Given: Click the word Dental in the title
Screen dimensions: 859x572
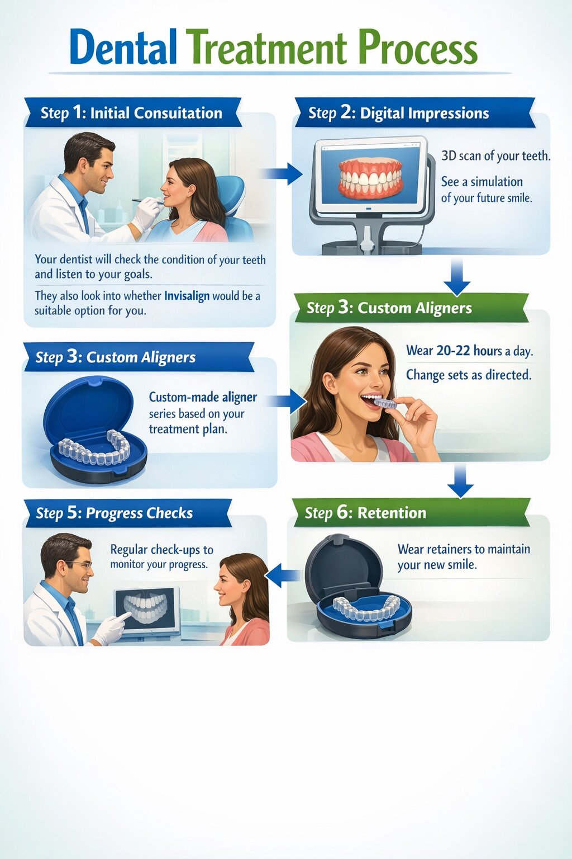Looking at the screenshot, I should [123, 48].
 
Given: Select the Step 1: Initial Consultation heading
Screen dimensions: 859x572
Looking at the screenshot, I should [132, 112].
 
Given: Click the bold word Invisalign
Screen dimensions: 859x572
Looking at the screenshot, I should [187, 296].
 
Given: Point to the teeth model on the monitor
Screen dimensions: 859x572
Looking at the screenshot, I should [371, 178].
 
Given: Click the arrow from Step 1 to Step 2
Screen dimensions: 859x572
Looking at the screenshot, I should [283, 174].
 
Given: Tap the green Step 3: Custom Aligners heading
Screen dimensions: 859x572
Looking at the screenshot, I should [389, 308].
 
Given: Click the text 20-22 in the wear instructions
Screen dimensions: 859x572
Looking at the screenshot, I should [453, 351].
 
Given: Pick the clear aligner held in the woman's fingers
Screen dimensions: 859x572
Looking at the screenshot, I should [385, 402].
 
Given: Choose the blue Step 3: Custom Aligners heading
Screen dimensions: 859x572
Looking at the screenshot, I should [116, 357].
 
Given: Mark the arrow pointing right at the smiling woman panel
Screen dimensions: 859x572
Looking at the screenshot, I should [289, 401].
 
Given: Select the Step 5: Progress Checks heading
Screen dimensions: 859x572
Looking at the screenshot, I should [115, 513].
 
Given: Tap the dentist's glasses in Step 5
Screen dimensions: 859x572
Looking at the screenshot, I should [80, 565].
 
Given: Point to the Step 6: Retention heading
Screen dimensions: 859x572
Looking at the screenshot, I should [365, 513].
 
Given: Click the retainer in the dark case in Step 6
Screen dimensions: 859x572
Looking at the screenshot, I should [366, 608].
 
